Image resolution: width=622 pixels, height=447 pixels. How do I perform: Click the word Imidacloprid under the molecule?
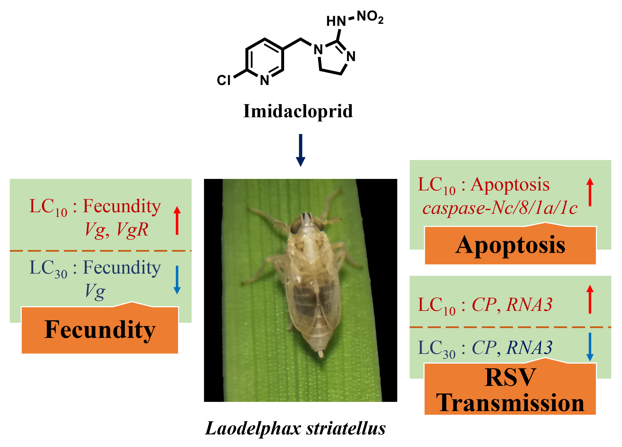[x=298, y=111]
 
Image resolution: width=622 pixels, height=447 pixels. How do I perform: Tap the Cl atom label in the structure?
[x=224, y=80]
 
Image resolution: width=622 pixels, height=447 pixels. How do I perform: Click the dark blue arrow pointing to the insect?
[x=301, y=150]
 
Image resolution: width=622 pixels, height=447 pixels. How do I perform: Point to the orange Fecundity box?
[x=100, y=330]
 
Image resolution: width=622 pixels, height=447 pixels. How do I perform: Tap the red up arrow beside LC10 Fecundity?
[x=177, y=221]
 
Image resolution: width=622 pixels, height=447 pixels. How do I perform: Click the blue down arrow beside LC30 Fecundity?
[x=177, y=280]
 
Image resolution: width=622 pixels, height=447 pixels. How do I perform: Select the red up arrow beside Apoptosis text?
[x=590, y=192]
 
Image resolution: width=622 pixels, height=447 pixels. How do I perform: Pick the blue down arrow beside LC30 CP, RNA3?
[x=590, y=347]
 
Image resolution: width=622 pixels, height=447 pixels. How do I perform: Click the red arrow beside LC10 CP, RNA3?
[x=590, y=300]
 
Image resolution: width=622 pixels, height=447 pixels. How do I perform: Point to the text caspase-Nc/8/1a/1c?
[x=500, y=209]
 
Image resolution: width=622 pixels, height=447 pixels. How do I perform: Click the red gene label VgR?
[x=132, y=230]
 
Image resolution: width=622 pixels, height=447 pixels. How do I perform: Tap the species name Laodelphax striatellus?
[x=295, y=428]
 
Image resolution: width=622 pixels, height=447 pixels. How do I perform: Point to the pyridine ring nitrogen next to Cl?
[x=264, y=80]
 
